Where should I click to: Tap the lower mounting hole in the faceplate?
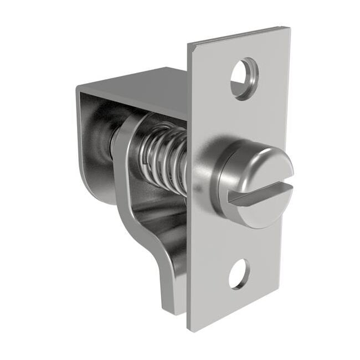pyautogui.click(x=239, y=274)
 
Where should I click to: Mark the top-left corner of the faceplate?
pyautogui.click(x=188, y=44)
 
